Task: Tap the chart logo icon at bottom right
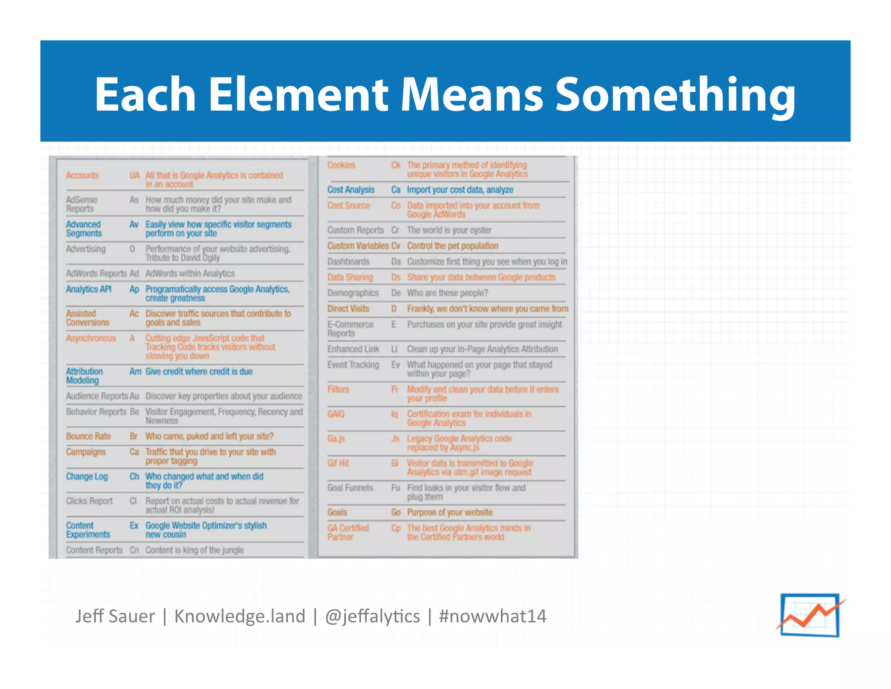(x=810, y=615)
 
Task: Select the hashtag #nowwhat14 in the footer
(x=492, y=616)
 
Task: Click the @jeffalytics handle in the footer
(x=372, y=616)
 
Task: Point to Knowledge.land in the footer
(x=240, y=616)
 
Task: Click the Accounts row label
(x=82, y=176)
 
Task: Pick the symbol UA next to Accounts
(x=134, y=176)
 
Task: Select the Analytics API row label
(x=89, y=289)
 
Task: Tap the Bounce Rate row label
(x=88, y=436)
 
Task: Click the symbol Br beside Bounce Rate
(x=134, y=436)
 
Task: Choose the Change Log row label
(x=87, y=476)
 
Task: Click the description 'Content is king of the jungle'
(x=194, y=550)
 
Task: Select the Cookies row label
(x=341, y=165)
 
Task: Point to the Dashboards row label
(x=348, y=262)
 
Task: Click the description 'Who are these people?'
(x=447, y=293)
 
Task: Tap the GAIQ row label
(x=336, y=414)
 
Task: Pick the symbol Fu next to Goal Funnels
(x=395, y=488)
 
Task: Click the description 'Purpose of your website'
(x=450, y=513)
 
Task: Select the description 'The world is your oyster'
(x=449, y=230)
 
